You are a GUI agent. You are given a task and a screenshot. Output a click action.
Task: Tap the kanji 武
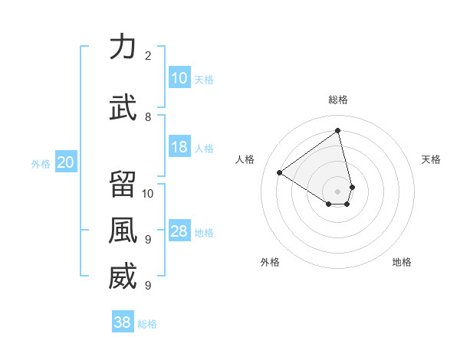(x=123, y=106)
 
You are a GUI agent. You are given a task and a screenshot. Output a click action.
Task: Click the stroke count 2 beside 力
(x=148, y=55)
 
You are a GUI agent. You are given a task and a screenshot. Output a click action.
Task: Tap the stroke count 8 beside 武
(x=148, y=116)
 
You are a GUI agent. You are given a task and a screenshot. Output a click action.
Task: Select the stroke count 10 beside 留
(x=148, y=193)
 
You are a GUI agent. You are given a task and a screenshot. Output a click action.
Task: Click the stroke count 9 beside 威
(x=148, y=286)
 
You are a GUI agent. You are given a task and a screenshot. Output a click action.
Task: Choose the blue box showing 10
(x=179, y=78)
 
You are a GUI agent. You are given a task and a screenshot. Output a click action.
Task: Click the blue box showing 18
(x=179, y=148)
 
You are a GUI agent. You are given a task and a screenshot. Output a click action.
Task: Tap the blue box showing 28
(x=179, y=232)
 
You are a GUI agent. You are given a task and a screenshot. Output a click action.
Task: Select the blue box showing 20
(x=65, y=162)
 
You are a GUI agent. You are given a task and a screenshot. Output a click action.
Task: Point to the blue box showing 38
(x=123, y=323)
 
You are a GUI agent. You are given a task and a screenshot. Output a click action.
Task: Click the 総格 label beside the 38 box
(x=147, y=324)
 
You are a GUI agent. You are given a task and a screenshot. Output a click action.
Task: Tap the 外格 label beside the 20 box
(x=41, y=163)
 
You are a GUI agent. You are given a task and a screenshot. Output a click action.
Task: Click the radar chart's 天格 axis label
(x=431, y=159)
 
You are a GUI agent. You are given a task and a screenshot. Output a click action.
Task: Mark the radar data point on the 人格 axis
(x=280, y=173)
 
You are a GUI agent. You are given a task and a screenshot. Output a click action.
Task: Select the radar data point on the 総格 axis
(x=337, y=130)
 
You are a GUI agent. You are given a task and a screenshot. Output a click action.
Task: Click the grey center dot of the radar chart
(x=337, y=190)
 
